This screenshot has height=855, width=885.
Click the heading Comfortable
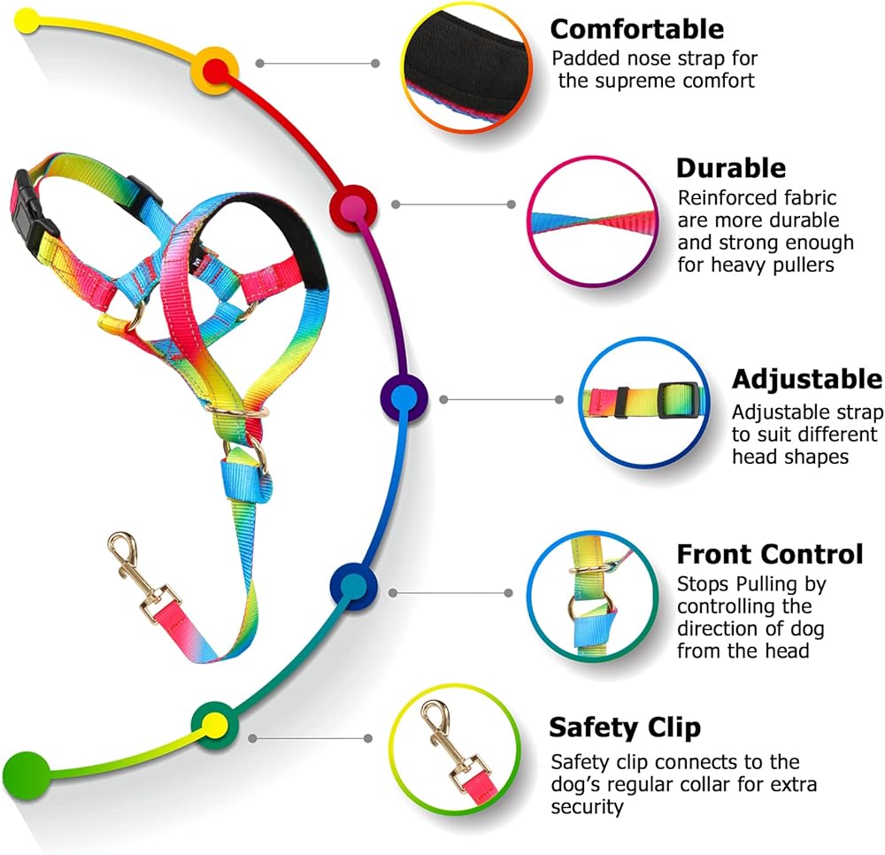636,29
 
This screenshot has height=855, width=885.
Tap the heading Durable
731,168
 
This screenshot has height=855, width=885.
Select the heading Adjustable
807,379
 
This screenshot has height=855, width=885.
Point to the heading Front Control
770,554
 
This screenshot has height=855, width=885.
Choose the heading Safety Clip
625,728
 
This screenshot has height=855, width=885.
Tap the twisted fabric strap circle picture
593,221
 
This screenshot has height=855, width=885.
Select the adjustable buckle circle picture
644,403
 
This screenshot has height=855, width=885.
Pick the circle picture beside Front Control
593,596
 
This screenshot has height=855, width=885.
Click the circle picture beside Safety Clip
455,750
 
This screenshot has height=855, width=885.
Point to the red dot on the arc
214,71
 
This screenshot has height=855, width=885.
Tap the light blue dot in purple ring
404,398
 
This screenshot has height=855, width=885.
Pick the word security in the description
587,807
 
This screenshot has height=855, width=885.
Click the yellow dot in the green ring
214,724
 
